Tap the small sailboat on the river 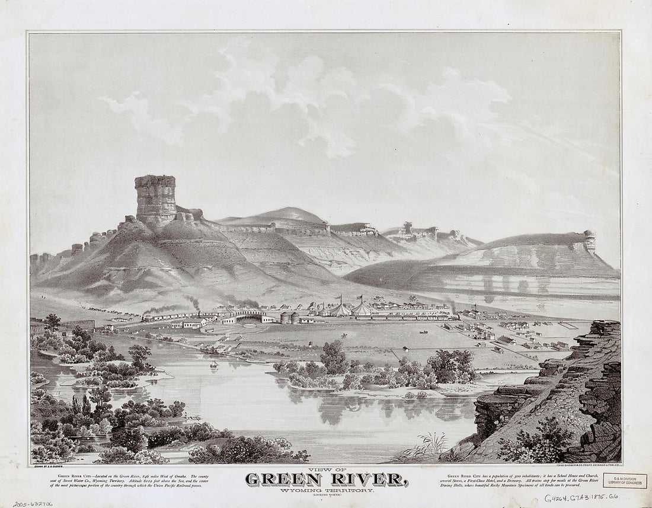coord(213,365)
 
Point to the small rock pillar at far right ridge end coord(589,240)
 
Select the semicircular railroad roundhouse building coord(250,317)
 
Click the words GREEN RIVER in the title coord(325,479)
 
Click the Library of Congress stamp coord(625,481)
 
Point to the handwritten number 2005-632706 coord(33,503)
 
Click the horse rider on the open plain coord(344,336)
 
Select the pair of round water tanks coord(290,318)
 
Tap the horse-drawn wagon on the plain coord(424,332)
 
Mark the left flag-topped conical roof coord(341,308)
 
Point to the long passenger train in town coord(403,318)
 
